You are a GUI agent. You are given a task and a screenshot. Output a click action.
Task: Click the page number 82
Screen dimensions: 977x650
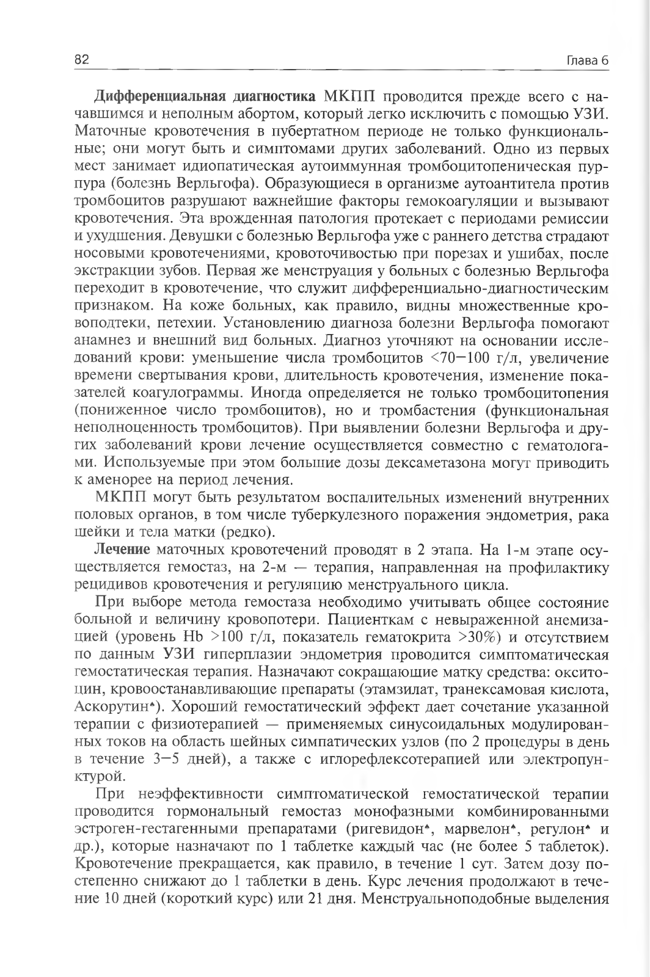[x=82, y=60]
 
